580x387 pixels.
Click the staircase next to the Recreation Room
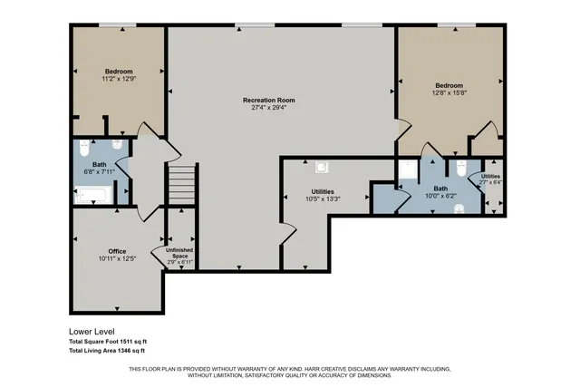pos(182,186)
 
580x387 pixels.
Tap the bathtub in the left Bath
pos(92,194)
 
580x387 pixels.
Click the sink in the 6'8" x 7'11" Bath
pos(117,145)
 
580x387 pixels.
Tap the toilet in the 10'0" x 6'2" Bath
pos(461,169)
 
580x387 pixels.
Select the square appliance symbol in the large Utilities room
pos(321,167)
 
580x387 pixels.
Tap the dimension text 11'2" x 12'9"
pos(119,80)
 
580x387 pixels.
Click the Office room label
pos(117,251)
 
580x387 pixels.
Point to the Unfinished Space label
pos(178,253)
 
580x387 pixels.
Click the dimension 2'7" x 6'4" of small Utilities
pos(490,182)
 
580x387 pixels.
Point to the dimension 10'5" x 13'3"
pos(323,199)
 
